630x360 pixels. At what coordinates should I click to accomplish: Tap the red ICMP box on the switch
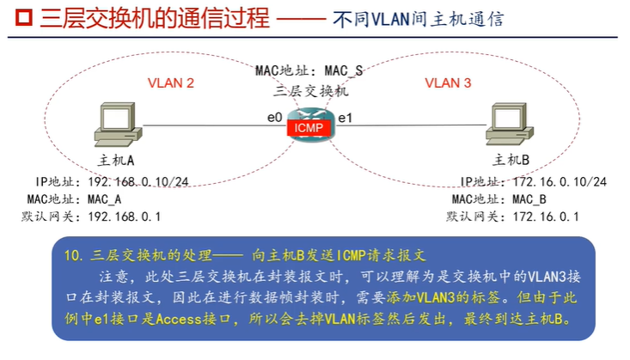tap(309, 128)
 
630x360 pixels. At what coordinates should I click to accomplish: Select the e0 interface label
tap(274, 116)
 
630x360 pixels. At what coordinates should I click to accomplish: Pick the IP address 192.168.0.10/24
tap(128, 182)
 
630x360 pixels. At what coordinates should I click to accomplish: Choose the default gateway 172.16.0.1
tap(547, 217)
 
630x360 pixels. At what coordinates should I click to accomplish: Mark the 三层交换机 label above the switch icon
tap(309, 88)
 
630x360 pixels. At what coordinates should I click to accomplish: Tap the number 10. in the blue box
tap(72, 255)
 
